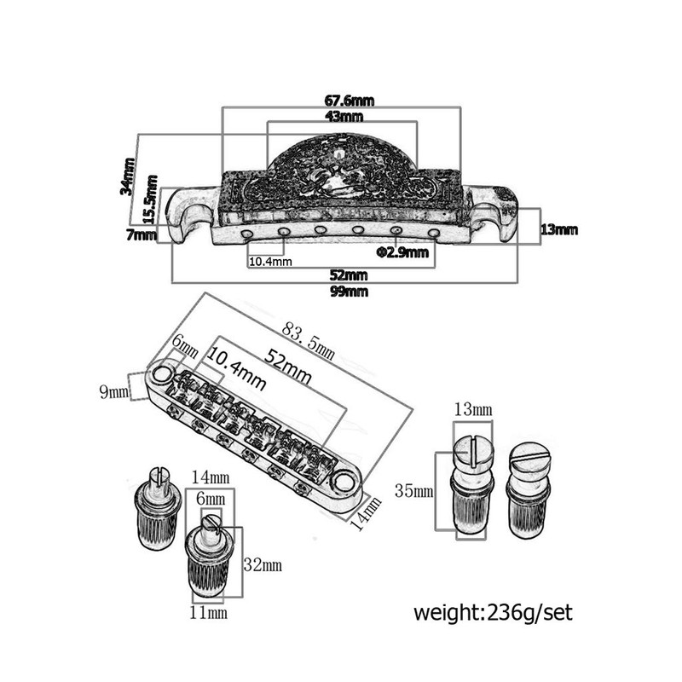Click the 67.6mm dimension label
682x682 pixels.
click(x=349, y=101)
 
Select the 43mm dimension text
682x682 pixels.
click(x=344, y=116)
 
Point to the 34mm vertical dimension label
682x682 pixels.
click(x=128, y=176)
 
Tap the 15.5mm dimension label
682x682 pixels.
click(x=151, y=199)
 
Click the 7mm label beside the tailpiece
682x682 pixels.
click(x=141, y=235)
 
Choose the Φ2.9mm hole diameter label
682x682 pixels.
click(x=402, y=252)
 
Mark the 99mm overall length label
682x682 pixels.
click(x=349, y=291)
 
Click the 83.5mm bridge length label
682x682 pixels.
click(x=309, y=341)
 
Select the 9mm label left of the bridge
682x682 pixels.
click(x=114, y=391)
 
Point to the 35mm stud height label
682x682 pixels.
click(x=413, y=491)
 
